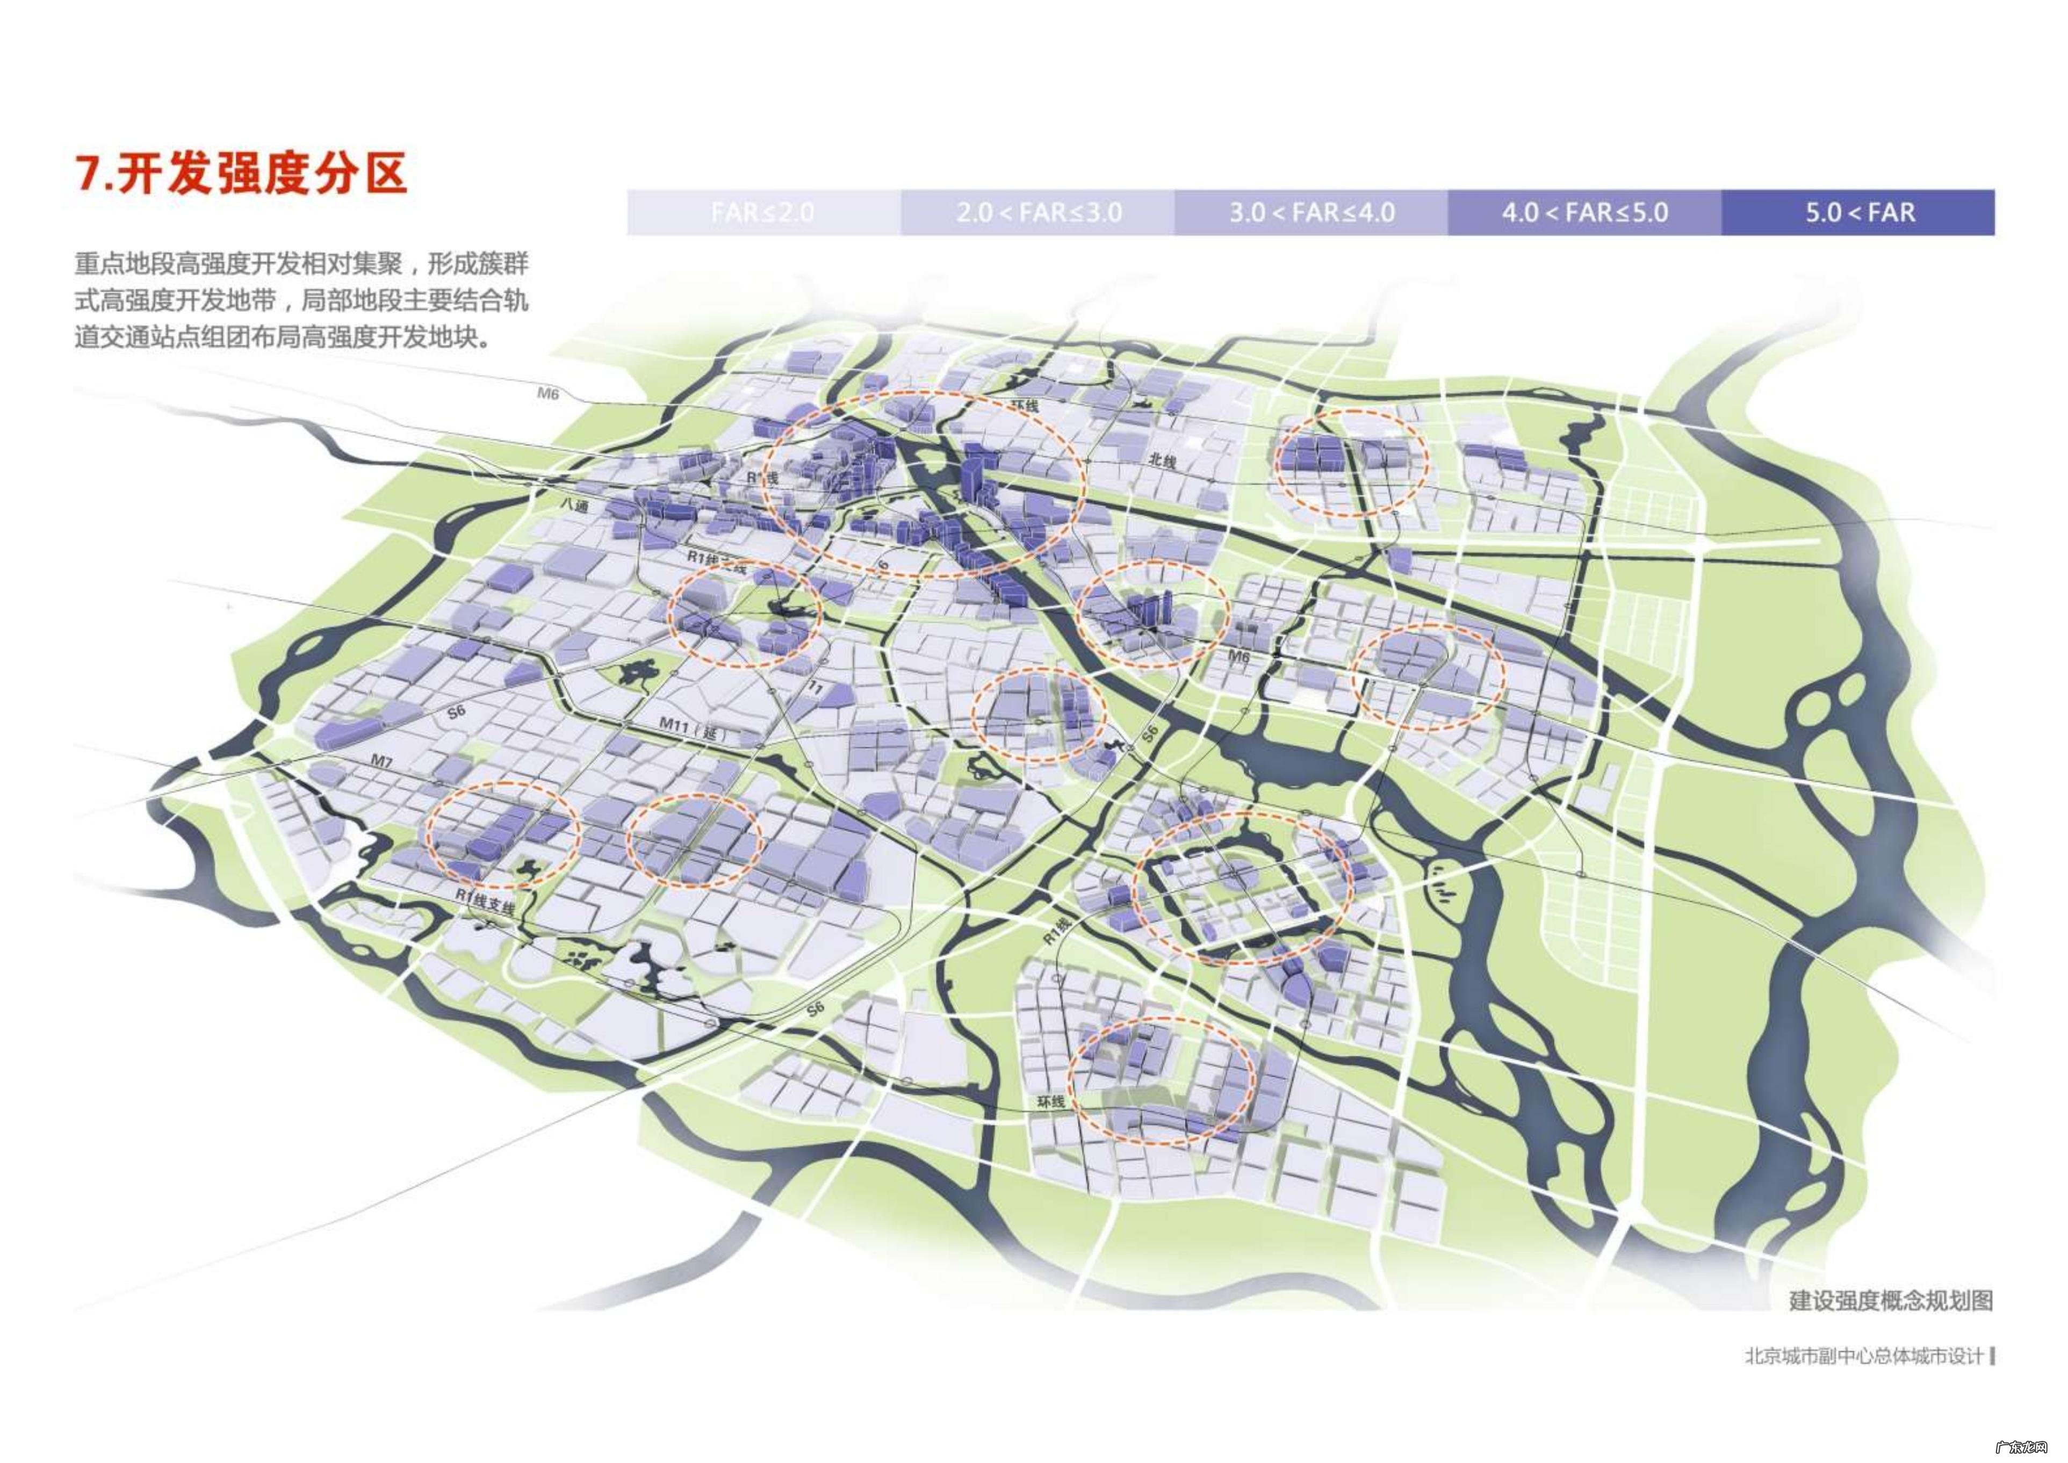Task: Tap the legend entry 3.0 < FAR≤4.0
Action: [1312, 213]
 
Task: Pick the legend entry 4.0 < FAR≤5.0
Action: [1585, 213]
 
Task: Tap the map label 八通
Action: [574, 506]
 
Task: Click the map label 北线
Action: [1162, 460]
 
